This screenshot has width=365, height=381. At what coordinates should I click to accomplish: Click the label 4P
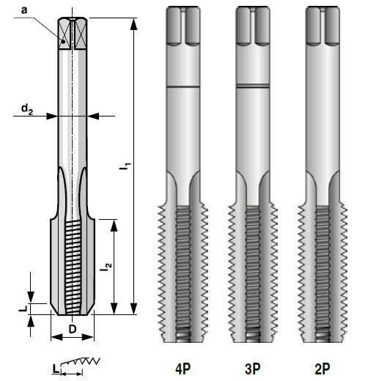point(182,369)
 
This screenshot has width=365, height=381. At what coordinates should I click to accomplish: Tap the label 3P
point(253,369)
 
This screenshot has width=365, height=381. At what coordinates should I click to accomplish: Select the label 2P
point(322,369)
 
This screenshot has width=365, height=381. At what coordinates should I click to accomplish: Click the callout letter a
point(24,10)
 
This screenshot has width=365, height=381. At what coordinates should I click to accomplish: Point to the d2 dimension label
point(27,108)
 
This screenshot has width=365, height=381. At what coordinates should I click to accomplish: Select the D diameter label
point(73,329)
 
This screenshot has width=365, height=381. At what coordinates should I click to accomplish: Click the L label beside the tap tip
point(23,309)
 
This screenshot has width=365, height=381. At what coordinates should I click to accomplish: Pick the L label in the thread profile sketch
point(56,369)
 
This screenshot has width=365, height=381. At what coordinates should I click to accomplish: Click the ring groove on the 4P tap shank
point(183,86)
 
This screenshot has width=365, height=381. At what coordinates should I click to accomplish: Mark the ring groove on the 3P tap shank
point(253,86)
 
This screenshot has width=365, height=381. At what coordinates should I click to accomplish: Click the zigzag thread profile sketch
point(81,361)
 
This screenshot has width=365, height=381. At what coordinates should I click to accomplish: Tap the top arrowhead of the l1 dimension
point(133,24)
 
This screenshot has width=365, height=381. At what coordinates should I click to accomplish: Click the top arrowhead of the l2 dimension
point(114,225)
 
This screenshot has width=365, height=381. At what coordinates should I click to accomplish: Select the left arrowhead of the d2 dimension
point(52,116)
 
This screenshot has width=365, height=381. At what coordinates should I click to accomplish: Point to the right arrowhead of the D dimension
point(87,337)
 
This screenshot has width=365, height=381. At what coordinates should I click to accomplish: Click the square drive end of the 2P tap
point(322,26)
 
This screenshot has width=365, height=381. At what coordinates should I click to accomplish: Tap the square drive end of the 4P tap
point(183,26)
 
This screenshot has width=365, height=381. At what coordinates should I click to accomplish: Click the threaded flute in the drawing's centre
point(73,267)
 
